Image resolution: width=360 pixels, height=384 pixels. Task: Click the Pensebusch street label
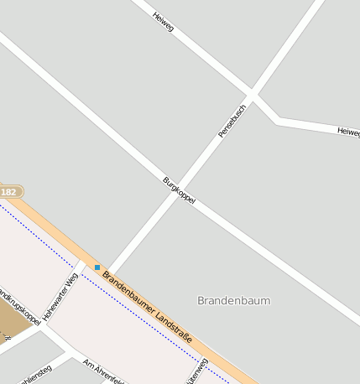tap(232, 121)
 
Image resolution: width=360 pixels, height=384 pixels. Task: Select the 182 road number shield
tap(9, 192)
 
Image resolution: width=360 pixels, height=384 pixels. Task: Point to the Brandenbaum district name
tap(234, 300)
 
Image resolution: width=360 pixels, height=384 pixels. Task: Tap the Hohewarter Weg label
tap(60, 296)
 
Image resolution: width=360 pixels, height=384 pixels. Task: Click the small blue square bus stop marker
tap(97, 267)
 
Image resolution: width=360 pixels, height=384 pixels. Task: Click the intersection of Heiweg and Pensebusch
tap(252, 93)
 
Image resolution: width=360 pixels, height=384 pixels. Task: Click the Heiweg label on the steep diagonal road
tap(163, 22)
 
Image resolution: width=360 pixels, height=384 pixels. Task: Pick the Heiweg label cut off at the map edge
tap(348, 132)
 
